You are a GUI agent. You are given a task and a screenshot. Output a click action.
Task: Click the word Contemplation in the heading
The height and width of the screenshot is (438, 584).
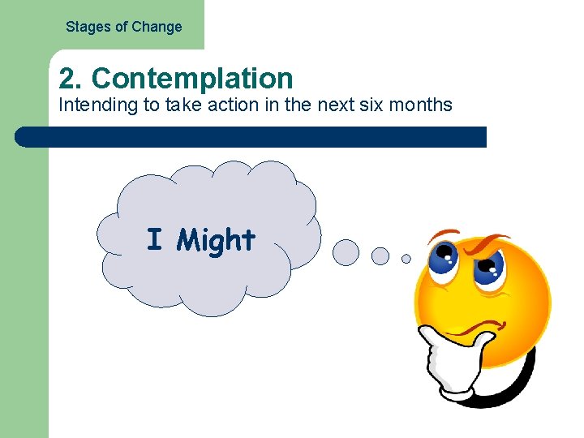(x=192, y=79)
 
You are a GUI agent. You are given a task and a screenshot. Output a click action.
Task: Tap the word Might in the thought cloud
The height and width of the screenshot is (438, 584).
(x=216, y=240)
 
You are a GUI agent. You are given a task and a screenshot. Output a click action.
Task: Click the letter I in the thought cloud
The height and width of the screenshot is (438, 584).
(x=154, y=240)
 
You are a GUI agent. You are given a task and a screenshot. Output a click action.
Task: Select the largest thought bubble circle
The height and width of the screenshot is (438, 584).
(x=346, y=252)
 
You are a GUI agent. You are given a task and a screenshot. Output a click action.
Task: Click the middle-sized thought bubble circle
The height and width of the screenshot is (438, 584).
(x=380, y=256)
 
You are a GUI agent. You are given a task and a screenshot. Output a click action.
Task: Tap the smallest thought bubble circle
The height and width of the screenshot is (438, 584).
(x=406, y=259)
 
